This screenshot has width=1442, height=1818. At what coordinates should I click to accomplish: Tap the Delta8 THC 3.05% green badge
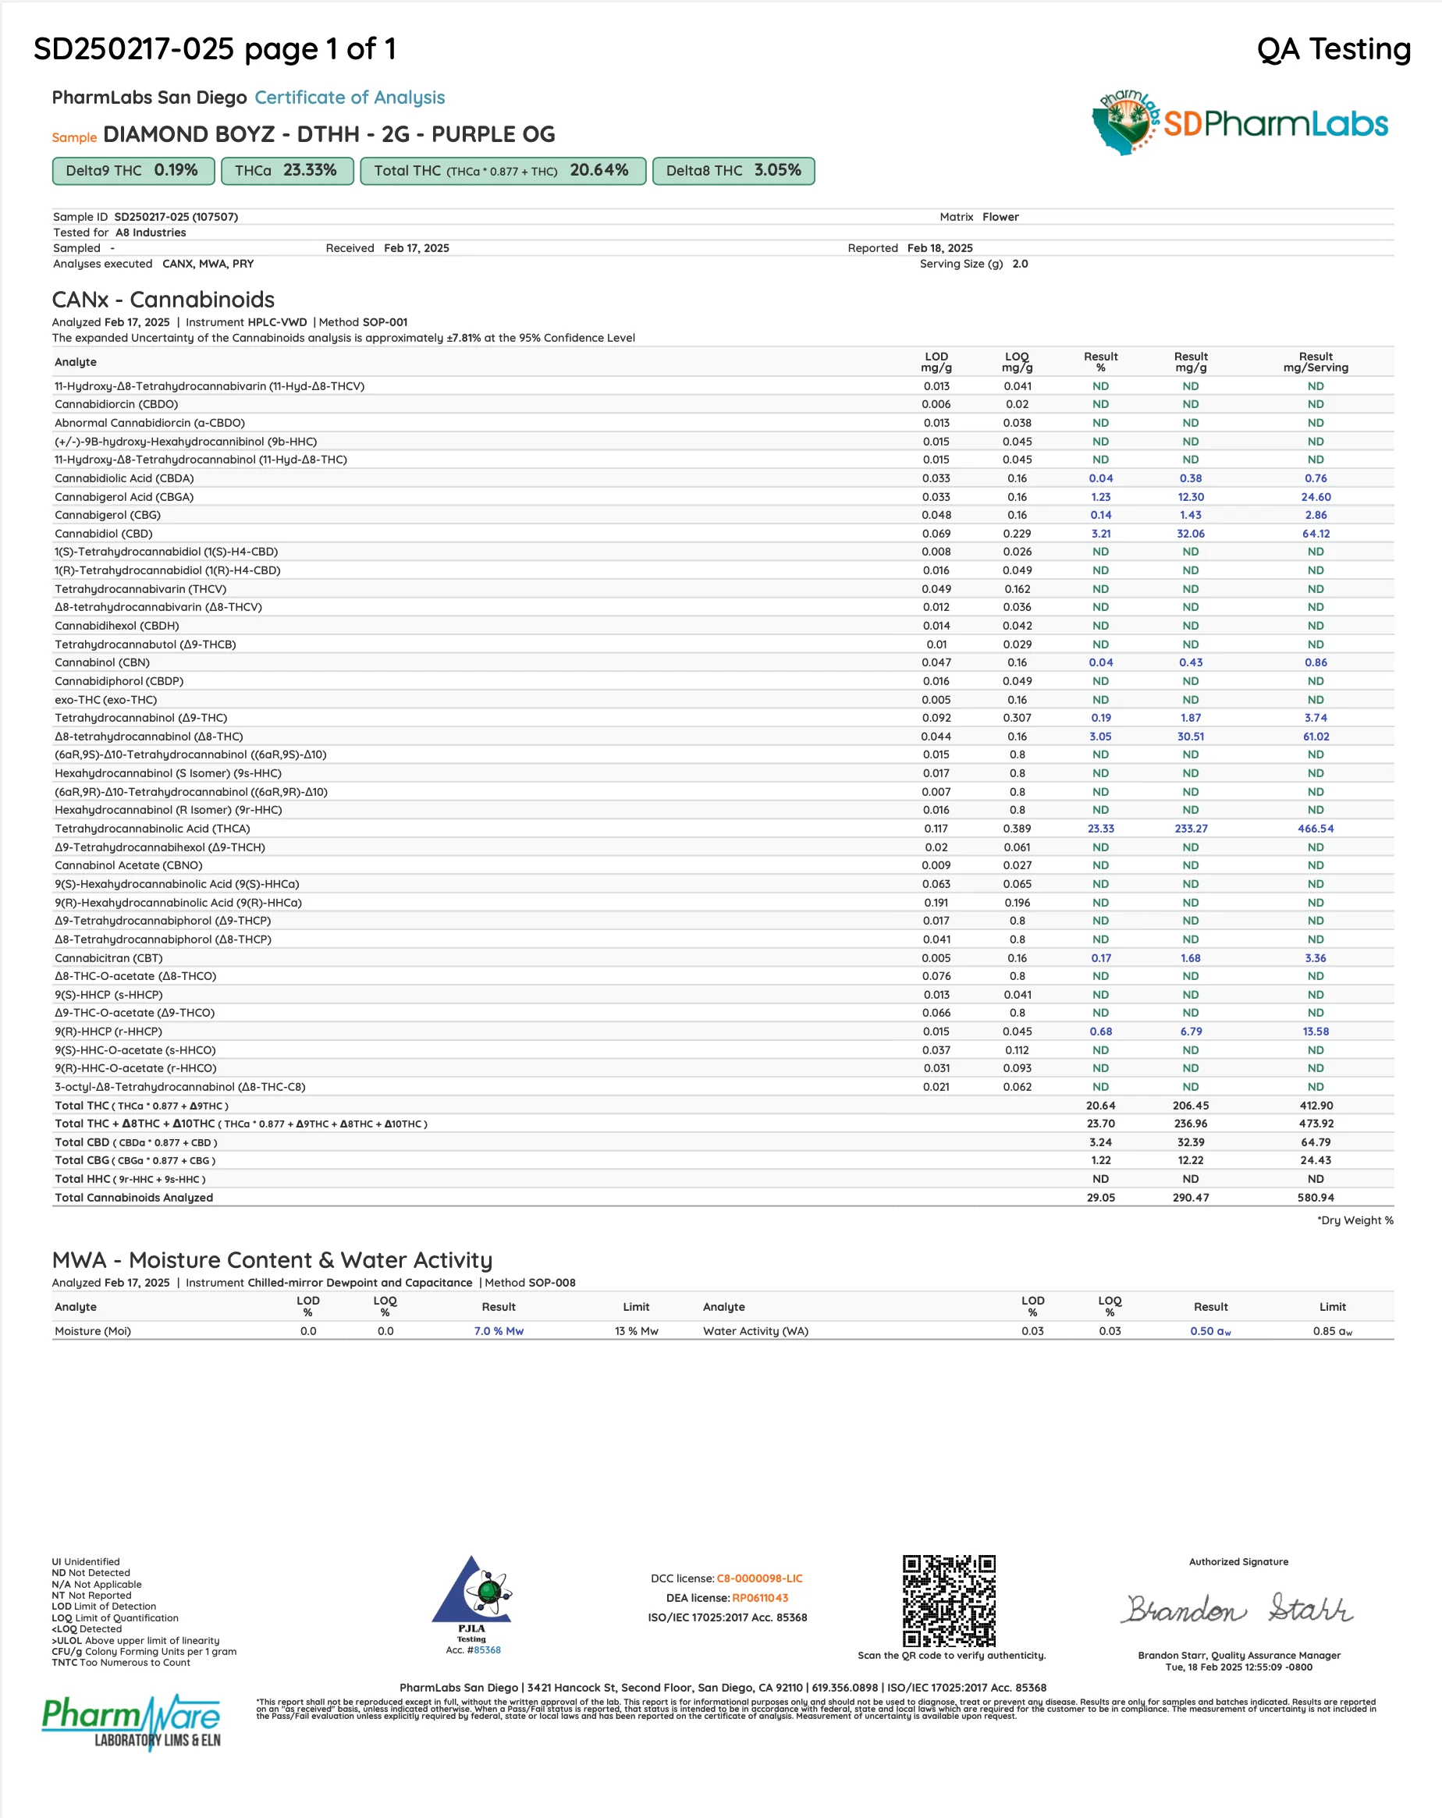click(x=733, y=170)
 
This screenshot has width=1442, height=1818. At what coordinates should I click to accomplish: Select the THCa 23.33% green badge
click(x=286, y=170)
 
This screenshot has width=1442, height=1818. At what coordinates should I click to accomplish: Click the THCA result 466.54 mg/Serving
click(x=1315, y=829)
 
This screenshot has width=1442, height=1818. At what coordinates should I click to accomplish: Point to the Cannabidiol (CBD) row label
click(x=104, y=534)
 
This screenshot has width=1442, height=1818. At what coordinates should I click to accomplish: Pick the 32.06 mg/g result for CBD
click(x=1190, y=534)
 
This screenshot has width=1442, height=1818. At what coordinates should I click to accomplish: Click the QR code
click(x=949, y=1600)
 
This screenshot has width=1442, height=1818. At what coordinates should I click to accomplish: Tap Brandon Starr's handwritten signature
click(x=1237, y=1609)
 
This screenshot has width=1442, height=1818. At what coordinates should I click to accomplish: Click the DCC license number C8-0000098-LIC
click(x=759, y=1578)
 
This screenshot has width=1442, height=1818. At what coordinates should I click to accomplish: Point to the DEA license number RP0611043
click(x=760, y=1598)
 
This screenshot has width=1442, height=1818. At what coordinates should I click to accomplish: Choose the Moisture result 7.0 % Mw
click(x=499, y=1331)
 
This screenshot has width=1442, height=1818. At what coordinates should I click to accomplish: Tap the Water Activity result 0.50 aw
click(x=1210, y=1331)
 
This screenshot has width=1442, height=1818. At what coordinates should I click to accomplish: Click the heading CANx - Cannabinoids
click(x=163, y=300)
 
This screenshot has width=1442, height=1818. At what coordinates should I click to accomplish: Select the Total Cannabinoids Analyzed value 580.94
click(x=1315, y=1198)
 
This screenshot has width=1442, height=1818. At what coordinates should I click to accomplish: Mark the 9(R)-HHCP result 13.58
click(x=1315, y=1032)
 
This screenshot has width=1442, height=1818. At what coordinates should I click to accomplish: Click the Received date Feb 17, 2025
click(x=416, y=248)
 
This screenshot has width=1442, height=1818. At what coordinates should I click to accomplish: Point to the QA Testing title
click(x=1334, y=49)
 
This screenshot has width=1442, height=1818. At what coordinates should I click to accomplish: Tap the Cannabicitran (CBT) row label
click(x=108, y=958)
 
